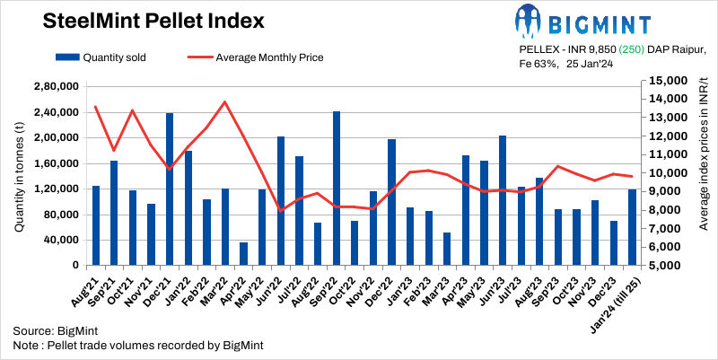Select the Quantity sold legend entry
coord(101,57)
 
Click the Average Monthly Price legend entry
coord(256,57)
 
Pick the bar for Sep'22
coord(337,189)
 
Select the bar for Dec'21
coord(170,189)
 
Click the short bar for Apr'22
coord(244,254)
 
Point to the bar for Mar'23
coord(447,249)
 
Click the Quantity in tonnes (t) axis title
coord(19,176)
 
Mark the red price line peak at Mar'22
coord(225,101)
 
